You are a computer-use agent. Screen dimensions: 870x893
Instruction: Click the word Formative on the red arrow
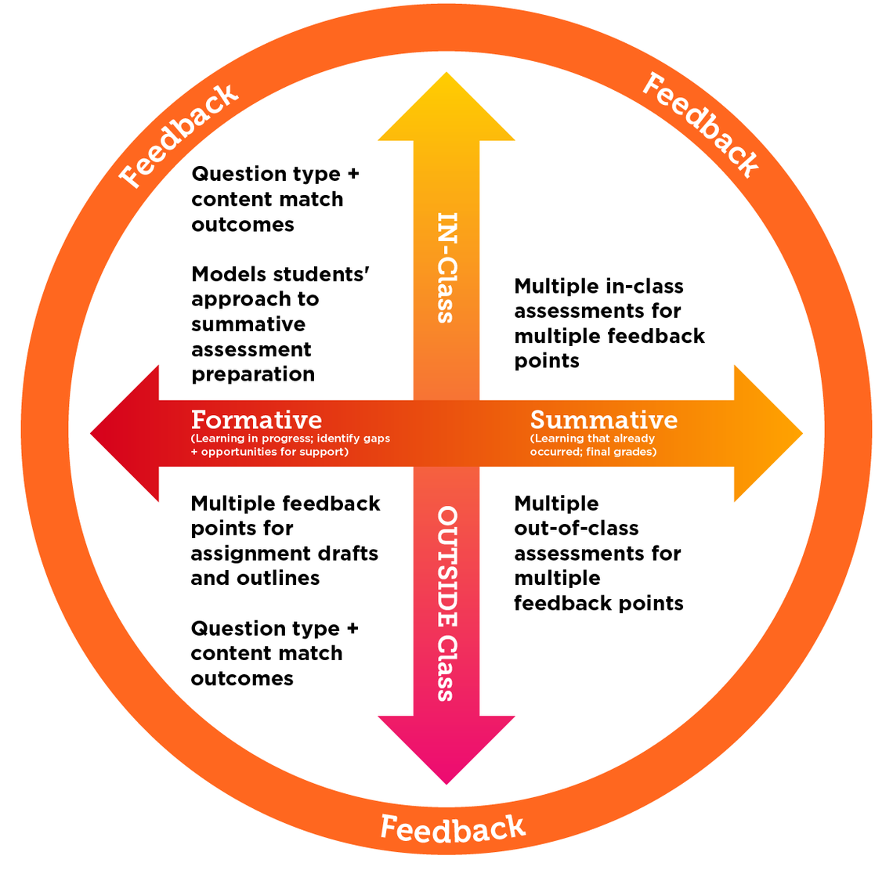click(256, 420)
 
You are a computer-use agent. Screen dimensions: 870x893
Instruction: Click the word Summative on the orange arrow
click(603, 420)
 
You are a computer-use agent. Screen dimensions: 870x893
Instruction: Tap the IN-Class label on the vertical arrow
click(446, 268)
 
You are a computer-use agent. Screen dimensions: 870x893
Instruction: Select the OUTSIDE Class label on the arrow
click(446, 603)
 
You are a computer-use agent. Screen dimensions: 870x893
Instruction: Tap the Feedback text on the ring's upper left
click(179, 135)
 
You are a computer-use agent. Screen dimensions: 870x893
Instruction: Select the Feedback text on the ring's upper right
click(700, 125)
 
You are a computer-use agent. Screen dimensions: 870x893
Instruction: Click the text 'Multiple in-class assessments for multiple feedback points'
click(609, 323)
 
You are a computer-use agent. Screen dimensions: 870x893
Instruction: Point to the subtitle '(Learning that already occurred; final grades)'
click(593, 445)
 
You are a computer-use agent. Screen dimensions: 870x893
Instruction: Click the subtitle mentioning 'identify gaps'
click(290, 445)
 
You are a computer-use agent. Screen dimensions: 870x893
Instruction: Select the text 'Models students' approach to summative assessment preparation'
click(280, 324)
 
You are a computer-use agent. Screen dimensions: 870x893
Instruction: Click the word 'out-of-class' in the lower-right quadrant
click(576, 529)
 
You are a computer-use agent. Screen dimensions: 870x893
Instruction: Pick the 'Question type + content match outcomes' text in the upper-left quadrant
click(274, 199)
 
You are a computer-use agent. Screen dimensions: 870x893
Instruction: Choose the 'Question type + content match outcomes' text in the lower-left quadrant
click(274, 653)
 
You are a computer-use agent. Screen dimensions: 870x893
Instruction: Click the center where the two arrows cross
click(446, 433)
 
